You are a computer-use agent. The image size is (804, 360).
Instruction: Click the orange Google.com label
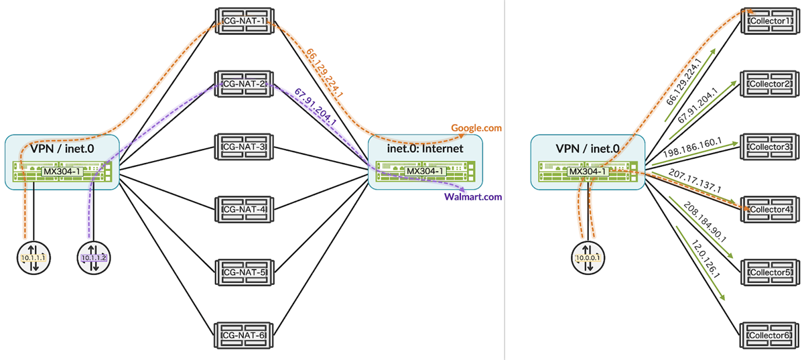(x=476, y=127)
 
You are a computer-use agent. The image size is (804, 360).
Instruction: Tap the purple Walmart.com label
(x=472, y=196)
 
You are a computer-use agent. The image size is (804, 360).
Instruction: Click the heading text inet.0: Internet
(x=425, y=149)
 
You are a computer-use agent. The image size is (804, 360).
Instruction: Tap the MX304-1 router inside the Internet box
(x=425, y=172)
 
